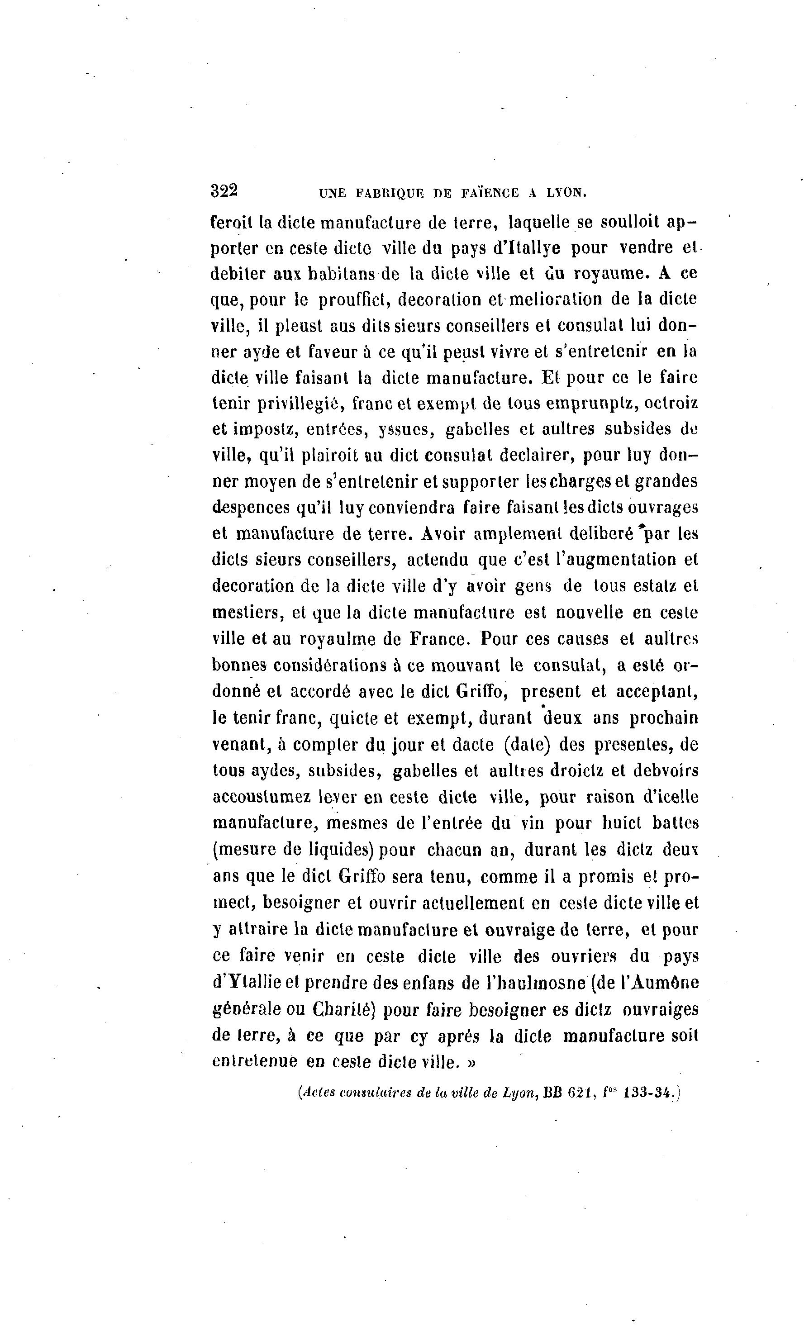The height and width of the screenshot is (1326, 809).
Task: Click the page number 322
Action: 224,191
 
